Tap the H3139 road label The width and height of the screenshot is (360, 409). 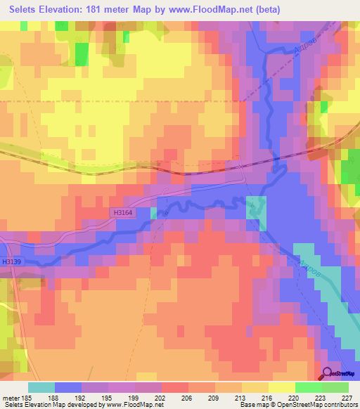[11, 262]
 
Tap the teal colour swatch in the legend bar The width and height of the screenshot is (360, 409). [41, 387]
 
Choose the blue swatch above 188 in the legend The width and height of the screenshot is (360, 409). [68, 387]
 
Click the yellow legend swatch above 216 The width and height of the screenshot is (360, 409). [255, 387]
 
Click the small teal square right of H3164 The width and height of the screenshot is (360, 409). [153, 212]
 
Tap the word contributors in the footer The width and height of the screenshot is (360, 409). [338, 405]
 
